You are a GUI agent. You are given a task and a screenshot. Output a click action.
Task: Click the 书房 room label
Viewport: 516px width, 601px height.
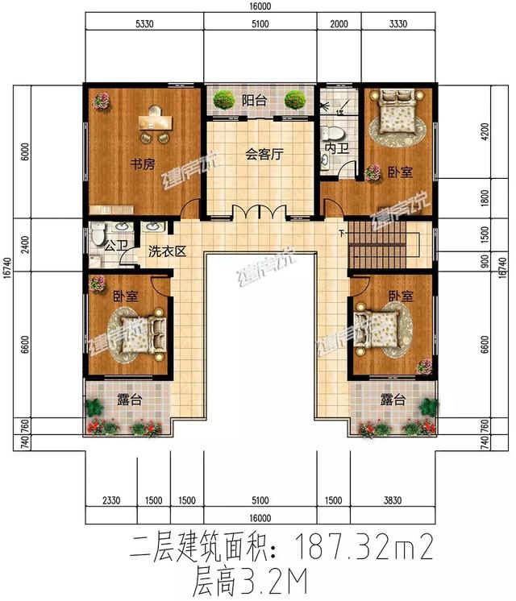tap(143, 165)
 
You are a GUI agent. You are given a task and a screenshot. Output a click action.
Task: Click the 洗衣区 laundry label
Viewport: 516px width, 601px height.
tap(168, 251)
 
